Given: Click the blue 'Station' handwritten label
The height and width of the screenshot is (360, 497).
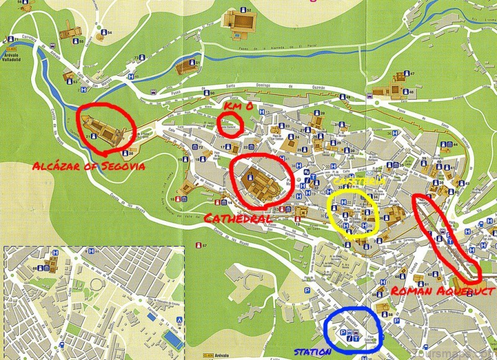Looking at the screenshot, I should (x=312, y=353).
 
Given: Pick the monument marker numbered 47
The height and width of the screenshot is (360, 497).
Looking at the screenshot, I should (x=406, y=73).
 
